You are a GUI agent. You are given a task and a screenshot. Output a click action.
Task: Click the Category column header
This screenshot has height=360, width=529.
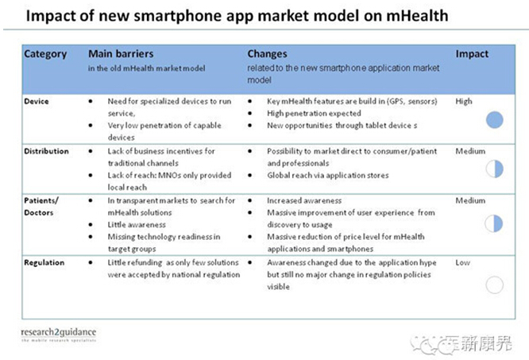(45, 54)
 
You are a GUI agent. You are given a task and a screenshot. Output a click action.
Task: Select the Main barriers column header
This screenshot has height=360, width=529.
(121, 54)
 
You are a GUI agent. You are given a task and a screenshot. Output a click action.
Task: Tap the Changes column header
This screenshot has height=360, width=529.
(267, 54)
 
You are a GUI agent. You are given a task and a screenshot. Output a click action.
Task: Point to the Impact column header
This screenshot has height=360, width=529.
(472, 54)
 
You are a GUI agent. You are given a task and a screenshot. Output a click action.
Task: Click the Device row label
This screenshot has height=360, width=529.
(37, 101)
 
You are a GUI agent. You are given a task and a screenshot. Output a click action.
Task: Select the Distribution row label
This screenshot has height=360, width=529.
(46, 151)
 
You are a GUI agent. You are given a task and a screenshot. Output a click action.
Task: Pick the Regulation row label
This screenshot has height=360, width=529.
(44, 263)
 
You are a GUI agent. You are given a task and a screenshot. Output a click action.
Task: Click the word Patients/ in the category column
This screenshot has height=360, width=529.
(41, 200)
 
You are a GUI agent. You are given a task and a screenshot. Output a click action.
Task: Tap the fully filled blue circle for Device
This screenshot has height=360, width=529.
(495, 120)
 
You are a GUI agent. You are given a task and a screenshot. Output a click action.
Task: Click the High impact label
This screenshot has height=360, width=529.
(464, 102)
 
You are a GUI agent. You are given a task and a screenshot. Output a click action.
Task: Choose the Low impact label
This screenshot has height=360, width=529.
(462, 262)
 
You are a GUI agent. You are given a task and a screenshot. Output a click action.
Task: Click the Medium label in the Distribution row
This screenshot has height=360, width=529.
(471, 151)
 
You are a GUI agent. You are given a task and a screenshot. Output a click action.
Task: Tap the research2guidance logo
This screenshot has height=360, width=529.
(59, 335)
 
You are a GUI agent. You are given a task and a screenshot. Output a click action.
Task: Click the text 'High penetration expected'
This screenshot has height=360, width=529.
(314, 114)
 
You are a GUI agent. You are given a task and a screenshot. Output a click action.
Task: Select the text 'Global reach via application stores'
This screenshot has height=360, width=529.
(328, 176)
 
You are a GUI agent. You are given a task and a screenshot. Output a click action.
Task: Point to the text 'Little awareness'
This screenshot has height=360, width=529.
(137, 225)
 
